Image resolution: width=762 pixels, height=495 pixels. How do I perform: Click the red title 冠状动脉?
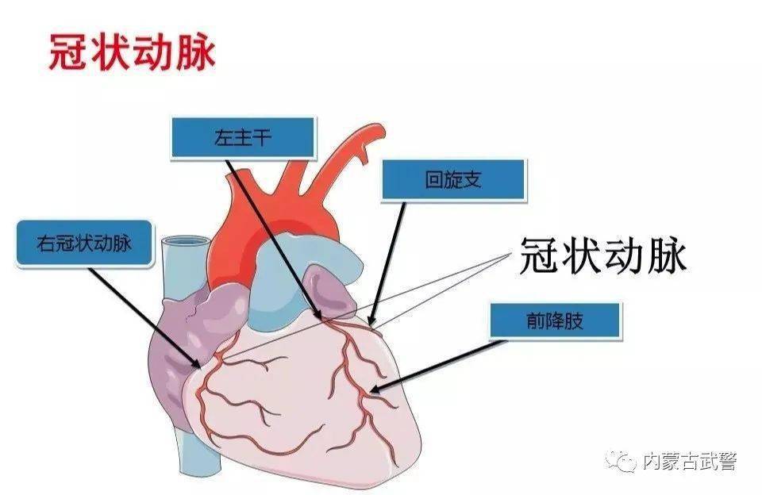(x=133, y=52)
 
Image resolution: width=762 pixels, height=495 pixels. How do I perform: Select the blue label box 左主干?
(x=243, y=137)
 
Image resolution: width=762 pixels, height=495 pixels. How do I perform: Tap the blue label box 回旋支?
(x=453, y=179)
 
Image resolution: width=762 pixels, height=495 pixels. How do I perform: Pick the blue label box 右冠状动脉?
(x=85, y=243)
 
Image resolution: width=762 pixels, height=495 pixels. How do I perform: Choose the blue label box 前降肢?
(x=555, y=320)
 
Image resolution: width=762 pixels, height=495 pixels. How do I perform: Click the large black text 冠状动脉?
(x=603, y=255)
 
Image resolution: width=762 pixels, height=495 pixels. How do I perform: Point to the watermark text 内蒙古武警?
(x=690, y=461)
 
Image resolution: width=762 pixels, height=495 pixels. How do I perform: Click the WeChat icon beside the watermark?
(x=621, y=461)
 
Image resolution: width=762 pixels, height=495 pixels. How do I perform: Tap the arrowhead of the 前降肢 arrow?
(x=373, y=389)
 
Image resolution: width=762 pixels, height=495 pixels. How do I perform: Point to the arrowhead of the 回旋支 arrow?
(x=371, y=321)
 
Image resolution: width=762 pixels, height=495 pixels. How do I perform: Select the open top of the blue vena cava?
(x=185, y=241)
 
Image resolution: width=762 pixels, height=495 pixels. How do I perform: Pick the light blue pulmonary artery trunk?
(x=296, y=272)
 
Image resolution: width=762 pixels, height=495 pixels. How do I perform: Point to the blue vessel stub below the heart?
(x=198, y=451)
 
